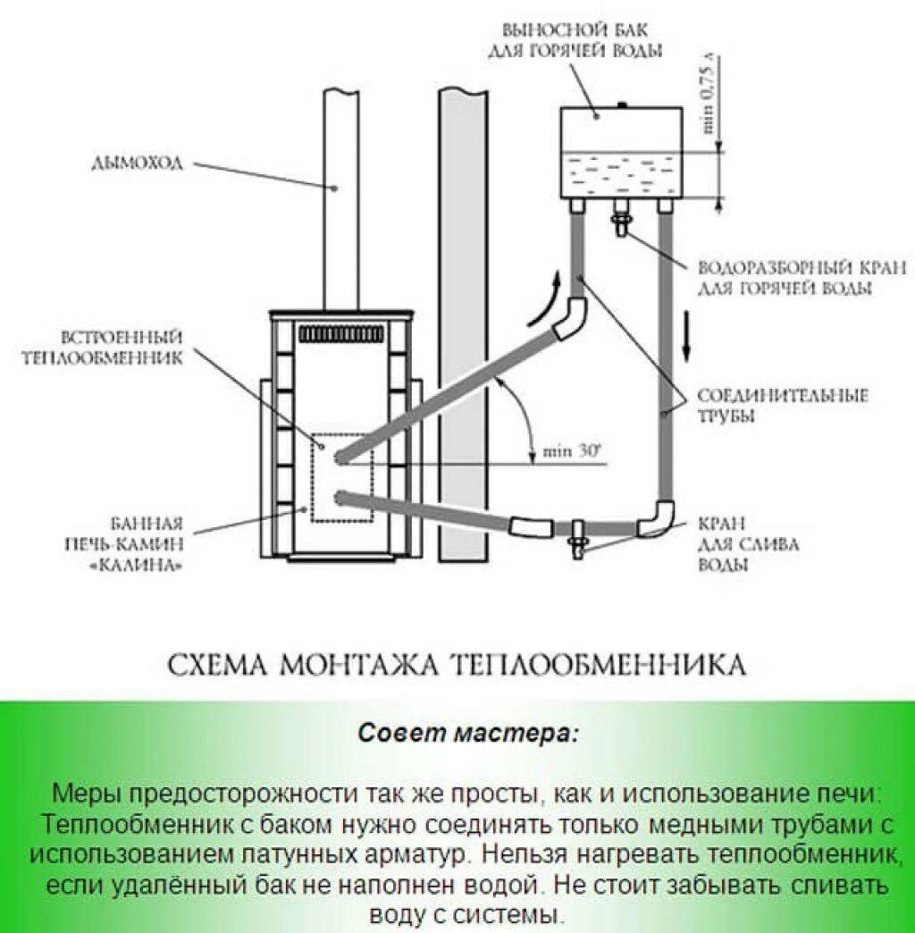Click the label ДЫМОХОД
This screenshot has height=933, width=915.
[136, 163]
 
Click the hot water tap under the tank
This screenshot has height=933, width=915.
[620, 217]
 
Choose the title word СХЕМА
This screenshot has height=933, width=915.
[218, 666]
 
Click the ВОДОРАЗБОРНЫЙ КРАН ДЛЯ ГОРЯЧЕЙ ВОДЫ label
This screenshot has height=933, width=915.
[802, 278]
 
